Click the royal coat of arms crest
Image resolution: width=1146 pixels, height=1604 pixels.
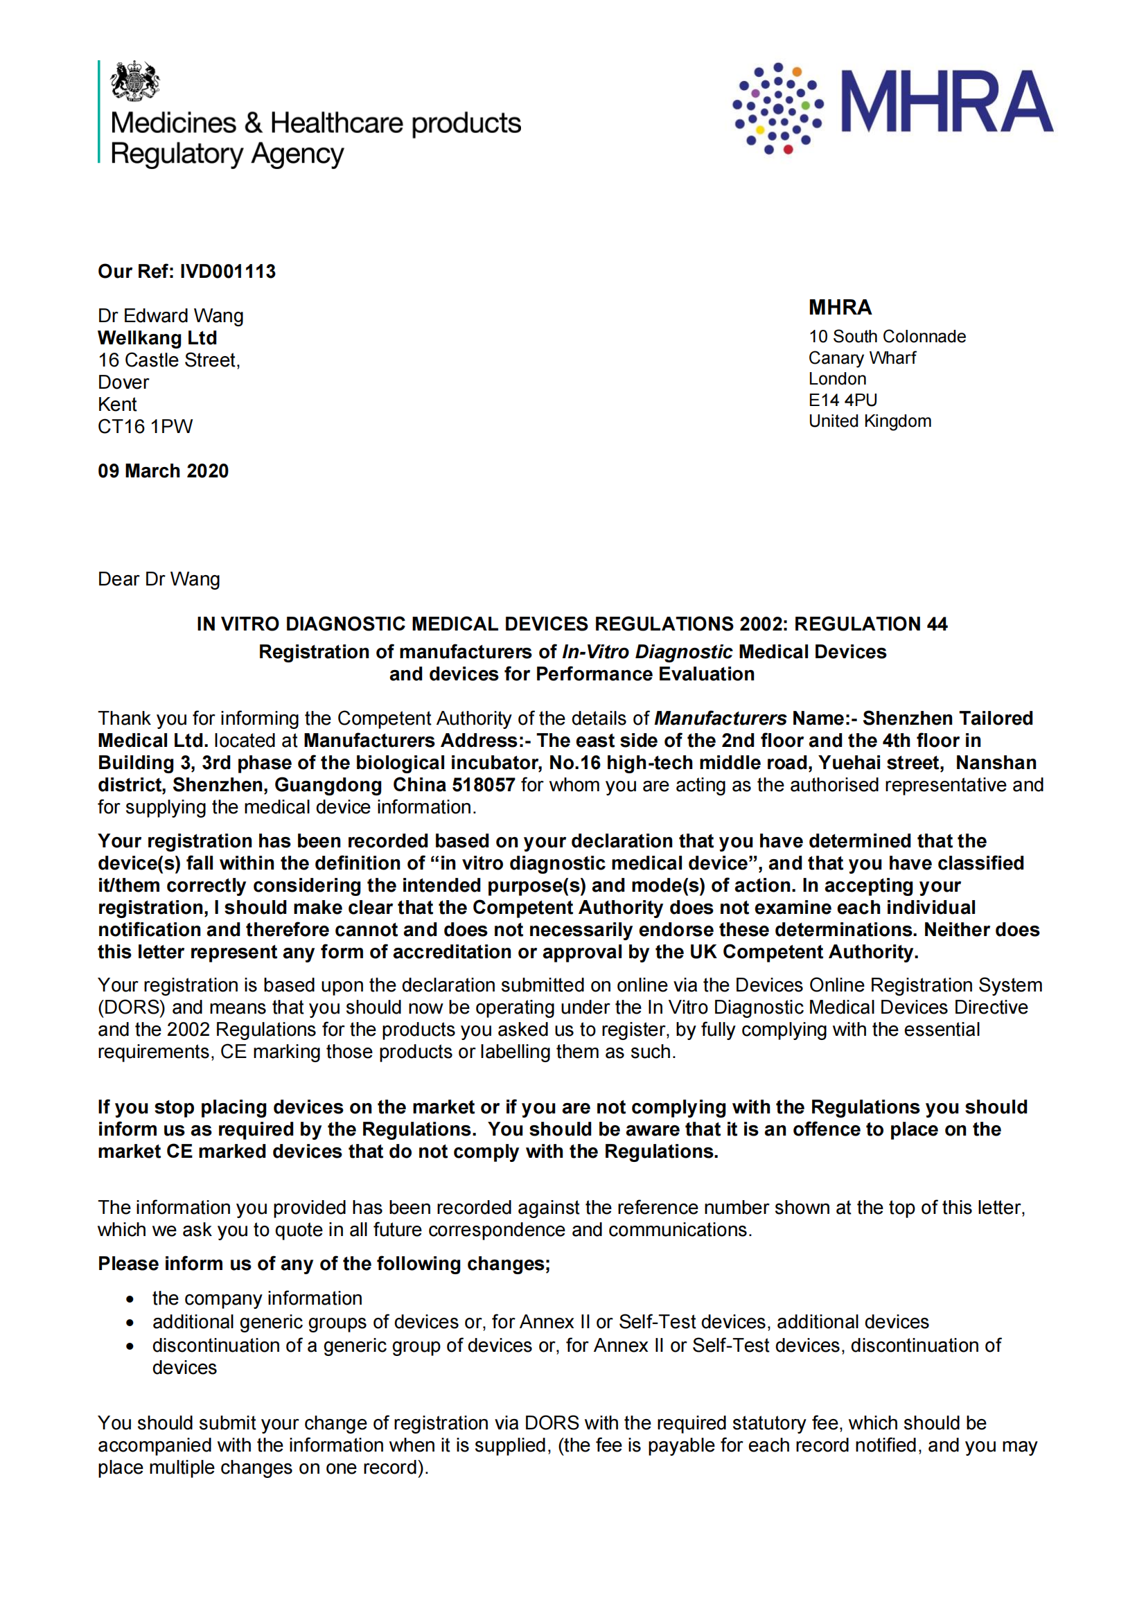[x=134, y=80]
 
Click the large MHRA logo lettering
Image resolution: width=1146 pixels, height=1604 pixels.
[x=946, y=102]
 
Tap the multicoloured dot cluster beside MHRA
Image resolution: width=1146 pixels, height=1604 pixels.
[x=777, y=108]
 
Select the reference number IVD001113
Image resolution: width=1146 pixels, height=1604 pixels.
[x=227, y=272]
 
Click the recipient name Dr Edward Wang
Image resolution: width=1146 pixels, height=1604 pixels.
[x=170, y=315]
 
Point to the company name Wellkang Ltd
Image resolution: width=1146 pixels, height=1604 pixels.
[x=157, y=338]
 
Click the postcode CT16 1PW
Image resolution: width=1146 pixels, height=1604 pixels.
[x=145, y=426]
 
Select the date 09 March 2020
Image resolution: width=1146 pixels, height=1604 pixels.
[x=163, y=470]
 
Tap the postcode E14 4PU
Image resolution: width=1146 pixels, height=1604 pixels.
[x=843, y=400]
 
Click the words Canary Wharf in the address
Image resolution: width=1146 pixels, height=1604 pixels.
[x=862, y=358]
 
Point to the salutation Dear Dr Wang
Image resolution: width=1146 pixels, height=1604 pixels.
[x=159, y=579]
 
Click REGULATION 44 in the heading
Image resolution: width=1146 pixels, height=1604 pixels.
[x=870, y=624]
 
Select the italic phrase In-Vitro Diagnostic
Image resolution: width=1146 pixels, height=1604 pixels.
[x=647, y=651]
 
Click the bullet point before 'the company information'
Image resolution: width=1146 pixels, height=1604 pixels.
[x=130, y=1299]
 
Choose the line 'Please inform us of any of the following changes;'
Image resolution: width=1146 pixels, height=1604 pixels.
[x=324, y=1263]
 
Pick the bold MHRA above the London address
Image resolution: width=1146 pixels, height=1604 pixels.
[x=840, y=308]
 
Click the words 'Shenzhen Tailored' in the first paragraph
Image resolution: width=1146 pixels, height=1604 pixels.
[x=947, y=719]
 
